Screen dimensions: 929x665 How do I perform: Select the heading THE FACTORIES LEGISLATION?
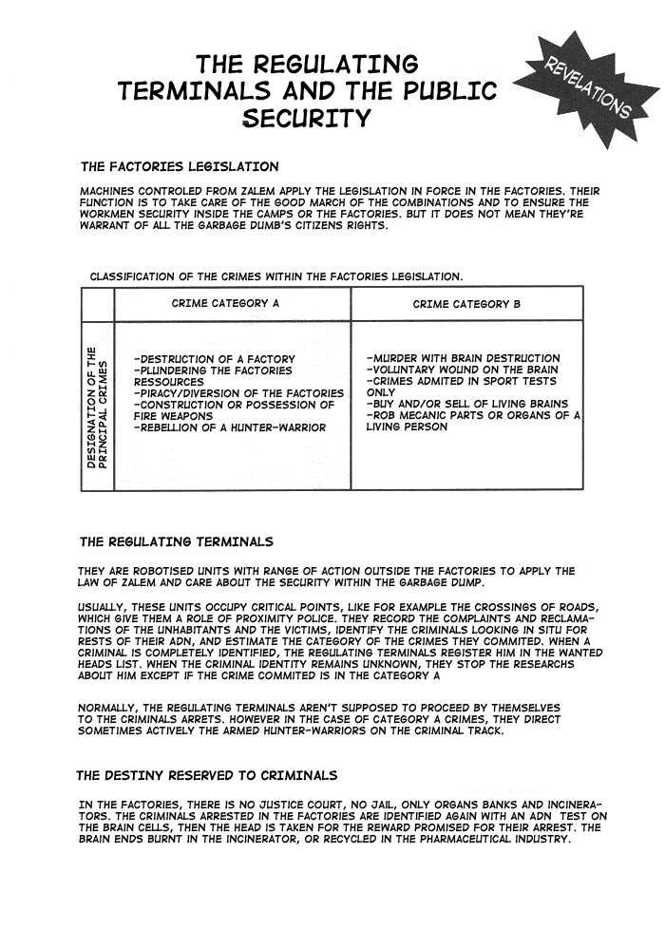pyautogui.click(x=180, y=166)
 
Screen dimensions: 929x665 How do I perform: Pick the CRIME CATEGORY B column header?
pyautogui.click(x=466, y=304)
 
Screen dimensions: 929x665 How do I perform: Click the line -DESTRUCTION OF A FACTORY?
pyautogui.click(x=215, y=359)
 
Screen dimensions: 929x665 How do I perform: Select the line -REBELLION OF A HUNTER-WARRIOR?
pyautogui.click(x=230, y=427)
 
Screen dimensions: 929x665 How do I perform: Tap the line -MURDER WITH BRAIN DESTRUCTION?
pyautogui.click(x=463, y=358)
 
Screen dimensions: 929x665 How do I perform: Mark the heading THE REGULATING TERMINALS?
pyautogui.click(x=176, y=541)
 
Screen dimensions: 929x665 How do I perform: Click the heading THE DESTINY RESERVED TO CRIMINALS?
pyautogui.click(x=206, y=775)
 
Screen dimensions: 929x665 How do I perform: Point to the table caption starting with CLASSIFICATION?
pyautogui.click(x=276, y=276)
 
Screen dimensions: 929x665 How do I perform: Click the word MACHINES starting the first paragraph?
pyautogui.click(x=107, y=192)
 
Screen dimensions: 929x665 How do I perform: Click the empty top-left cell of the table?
pyautogui.click(x=98, y=304)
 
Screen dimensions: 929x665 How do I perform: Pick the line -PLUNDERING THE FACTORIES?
pyautogui.click(x=215, y=370)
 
